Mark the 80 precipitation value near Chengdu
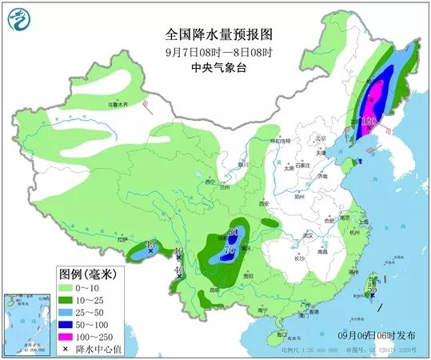click(233, 232)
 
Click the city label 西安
click(264, 205)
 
